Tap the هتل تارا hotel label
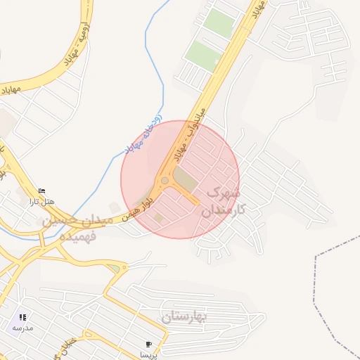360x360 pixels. pyautogui.click(x=41, y=202)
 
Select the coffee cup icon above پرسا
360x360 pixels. pyautogui.click(x=148, y=345)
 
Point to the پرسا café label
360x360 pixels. pyautogui.click(x=148, y=354)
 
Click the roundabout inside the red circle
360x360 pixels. pyautogui.click(x=165, y=181)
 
